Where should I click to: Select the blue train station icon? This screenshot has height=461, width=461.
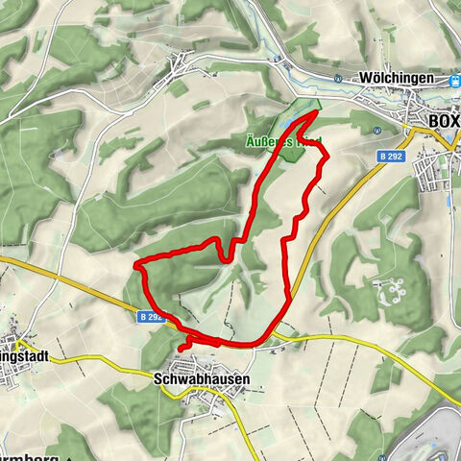pos(454,81)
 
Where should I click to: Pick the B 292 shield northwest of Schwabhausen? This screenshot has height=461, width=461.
pos(152,315)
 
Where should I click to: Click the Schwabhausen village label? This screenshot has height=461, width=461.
pos(202,379)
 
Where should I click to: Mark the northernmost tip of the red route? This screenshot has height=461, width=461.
pos(317,113)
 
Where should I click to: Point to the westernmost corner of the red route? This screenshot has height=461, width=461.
pos(135,263)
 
